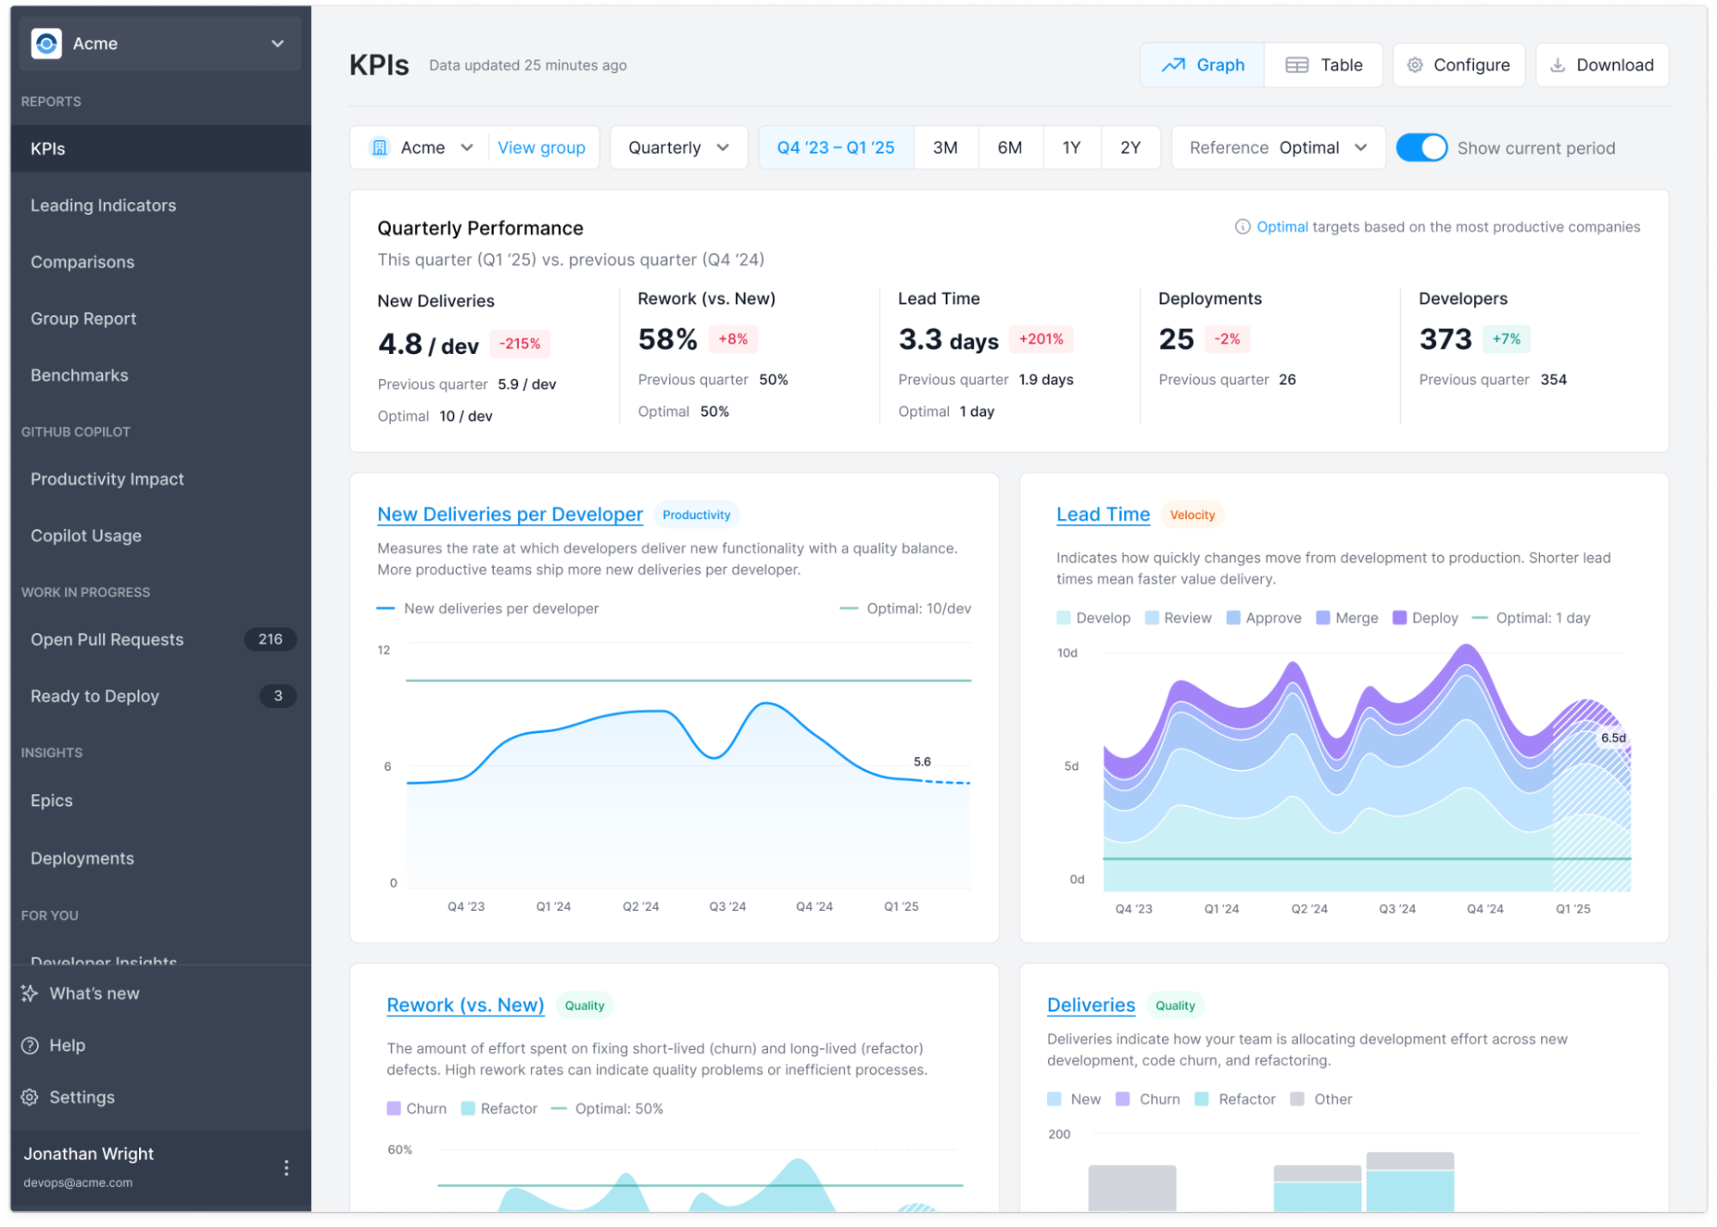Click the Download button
1602,65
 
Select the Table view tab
1324,65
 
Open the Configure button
1458,65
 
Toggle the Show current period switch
1422,148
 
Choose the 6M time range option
1009,148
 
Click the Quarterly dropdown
679,148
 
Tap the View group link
541,148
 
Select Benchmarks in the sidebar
79,375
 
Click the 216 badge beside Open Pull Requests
270,639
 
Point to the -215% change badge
520,344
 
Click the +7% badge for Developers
1506,339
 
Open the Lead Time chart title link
1103,515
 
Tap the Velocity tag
1192,515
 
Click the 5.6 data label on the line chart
922,761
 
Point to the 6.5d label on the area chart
1613,738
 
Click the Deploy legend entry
1426,618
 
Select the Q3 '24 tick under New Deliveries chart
728,907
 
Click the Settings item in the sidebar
82,1097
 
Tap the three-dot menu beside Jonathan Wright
286,1168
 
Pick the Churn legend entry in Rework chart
417,1108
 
